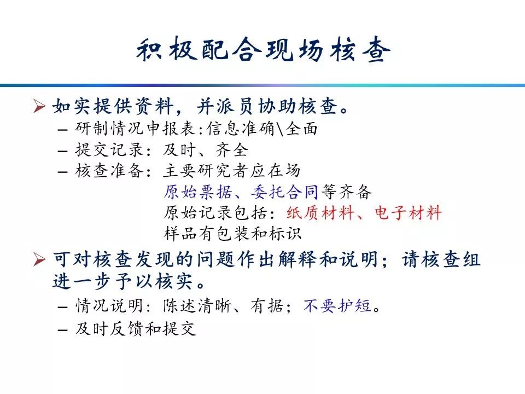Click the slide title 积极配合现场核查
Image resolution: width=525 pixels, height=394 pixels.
click(263, 50)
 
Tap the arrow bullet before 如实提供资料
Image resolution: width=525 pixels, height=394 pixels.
click(39, 106)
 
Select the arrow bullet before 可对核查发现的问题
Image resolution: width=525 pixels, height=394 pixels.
click(39, 259)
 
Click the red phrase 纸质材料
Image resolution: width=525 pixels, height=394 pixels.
click(320, 212)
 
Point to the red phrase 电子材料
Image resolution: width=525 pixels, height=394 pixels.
click(409, 212)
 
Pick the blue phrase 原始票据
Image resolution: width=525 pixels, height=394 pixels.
click(198, 192)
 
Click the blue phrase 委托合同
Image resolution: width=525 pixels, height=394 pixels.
click(285, 192)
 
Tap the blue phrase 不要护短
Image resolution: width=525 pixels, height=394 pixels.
click(337, 305)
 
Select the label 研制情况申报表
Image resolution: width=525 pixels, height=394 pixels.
click(135, 128)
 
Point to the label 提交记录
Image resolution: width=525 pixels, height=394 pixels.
click(109, 149)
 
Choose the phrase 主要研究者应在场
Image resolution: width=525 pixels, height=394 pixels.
click(232, 171)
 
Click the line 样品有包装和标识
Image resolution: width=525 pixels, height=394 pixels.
click(233, 233)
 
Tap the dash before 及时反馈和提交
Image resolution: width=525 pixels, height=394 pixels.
click(62, 329)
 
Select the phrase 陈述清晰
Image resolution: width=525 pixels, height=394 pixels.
click(197, 305)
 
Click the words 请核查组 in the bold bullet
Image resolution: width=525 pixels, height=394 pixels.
click(441, 259)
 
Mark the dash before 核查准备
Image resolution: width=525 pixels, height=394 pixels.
click(62, 172)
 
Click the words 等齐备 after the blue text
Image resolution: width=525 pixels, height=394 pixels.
click(347, 192)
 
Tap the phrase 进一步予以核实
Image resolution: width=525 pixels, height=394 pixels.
click(122, 281)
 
